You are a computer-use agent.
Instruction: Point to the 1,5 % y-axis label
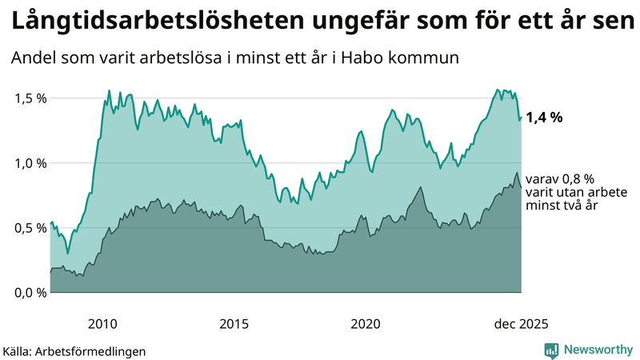pos(30,98)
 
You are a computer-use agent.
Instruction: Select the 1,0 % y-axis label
pos(30,163)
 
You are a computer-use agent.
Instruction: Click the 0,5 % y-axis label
pos(30,228)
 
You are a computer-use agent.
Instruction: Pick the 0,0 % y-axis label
pos(30,293)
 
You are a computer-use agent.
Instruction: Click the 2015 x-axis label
pos(234,324)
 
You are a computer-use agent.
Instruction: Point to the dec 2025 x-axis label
pos(521,324)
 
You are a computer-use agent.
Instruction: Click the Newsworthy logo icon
pos(551,350)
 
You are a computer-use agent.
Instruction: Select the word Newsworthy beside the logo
pos(597,350)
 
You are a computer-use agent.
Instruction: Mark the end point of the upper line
pos(522,118)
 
